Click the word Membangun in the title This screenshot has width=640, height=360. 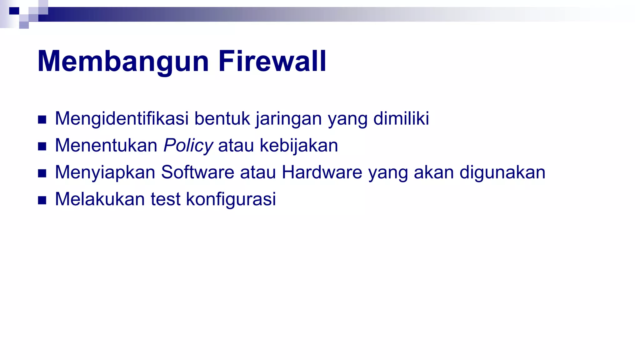[x=123, y=61]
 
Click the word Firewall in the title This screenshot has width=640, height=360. [x=272, y=61]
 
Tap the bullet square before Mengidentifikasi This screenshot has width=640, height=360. [x=42, y=119]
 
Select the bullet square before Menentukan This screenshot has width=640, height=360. [x=42, y=146]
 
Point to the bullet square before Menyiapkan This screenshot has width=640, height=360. [x=42, y=173]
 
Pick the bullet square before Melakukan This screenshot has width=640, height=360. [x=42, y=200]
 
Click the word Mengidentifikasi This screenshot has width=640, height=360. [x=122, y=119]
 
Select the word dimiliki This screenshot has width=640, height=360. [x=401, y=119]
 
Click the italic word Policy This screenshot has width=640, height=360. [x=188, y=146]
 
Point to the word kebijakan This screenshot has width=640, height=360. [x=299, y=146]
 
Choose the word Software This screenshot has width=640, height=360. [x=197, y=172]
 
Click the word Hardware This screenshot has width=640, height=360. [x=322, y=172]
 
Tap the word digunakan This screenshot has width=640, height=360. [x=502, y=172]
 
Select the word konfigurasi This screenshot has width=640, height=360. [x=231, y=199]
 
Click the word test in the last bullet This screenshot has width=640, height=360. [x=166, y=199]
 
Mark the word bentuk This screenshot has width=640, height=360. [x=222, y=119]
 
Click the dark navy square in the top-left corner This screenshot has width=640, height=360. [x=14, y=11]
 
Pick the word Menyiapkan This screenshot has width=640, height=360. [x=105, y=172]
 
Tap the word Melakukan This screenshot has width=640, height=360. [x=100, y=199]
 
